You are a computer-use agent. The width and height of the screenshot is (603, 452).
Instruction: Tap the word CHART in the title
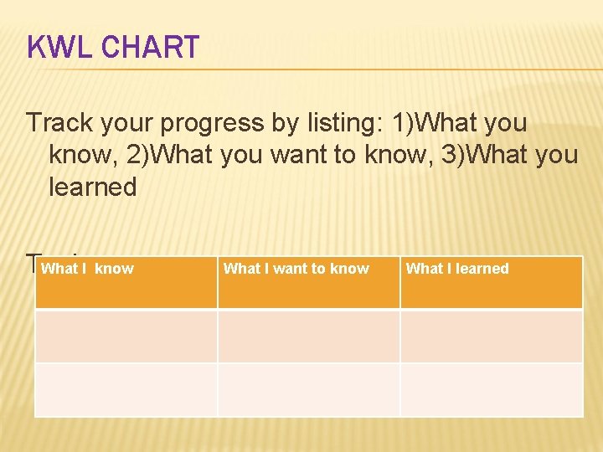point(150,48)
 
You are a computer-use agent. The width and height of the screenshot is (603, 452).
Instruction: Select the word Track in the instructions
point(60,123)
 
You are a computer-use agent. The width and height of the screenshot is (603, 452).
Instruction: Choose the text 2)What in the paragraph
point(186,155)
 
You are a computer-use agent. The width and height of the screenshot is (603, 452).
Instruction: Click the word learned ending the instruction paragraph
point(92,187)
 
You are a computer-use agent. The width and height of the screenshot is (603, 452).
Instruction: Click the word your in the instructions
point(130,123)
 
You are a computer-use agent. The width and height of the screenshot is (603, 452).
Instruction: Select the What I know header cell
point(126,283)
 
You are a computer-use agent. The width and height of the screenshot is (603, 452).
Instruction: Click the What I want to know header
point(308,283)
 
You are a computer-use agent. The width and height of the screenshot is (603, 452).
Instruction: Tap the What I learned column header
point(491,283)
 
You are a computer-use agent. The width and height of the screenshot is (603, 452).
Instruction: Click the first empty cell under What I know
point(126,336)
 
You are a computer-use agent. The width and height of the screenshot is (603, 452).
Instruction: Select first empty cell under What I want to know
point(308,336)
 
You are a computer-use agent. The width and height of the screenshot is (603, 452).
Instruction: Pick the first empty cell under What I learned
point(491,336)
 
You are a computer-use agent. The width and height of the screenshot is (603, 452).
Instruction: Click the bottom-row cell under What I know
point(126,389)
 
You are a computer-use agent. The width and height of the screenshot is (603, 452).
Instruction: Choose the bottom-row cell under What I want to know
point(308,389)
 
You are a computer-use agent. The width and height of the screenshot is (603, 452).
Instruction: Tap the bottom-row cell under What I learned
point(491,389)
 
